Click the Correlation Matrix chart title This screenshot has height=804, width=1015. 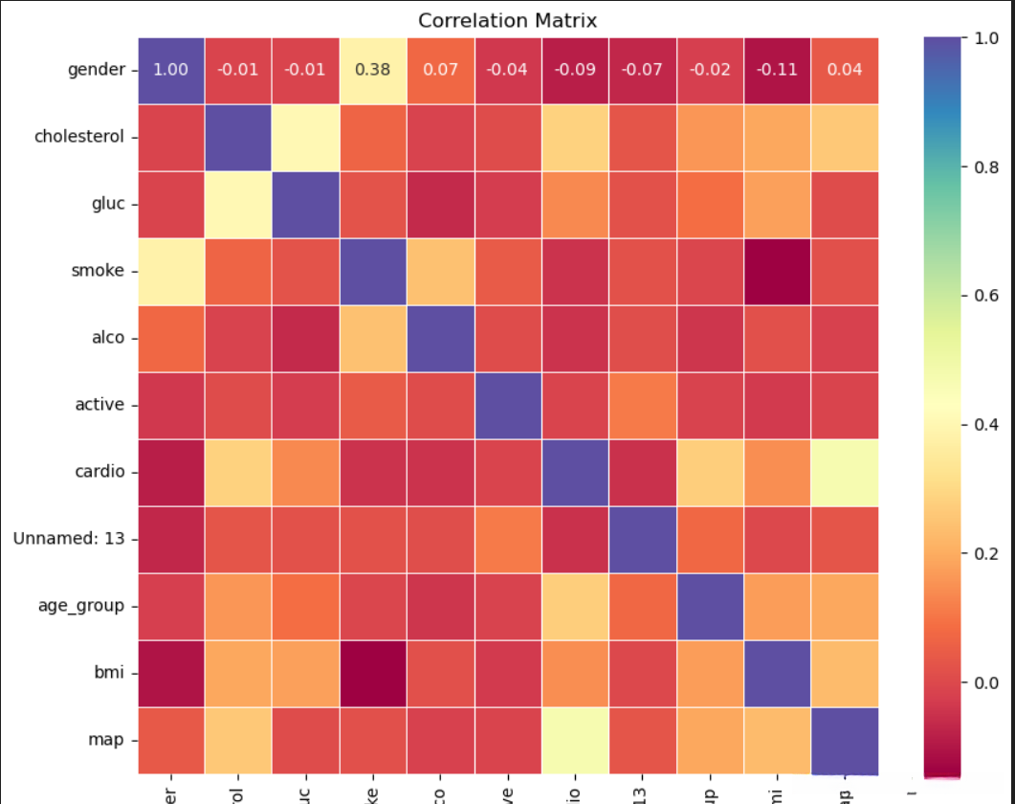click(x=508, y=20)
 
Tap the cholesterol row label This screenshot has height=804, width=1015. click(x=79, y=136)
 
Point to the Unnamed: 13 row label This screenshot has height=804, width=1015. click(x=69, y=538)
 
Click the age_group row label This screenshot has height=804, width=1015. click(x=82, y=605)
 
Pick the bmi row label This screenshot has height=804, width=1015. click(x=111, y=672)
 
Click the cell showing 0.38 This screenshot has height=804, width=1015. click(x=373, y=70)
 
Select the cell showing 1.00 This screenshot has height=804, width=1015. click(x=171, y=70)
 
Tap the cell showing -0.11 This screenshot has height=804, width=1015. click(x=778, y=70)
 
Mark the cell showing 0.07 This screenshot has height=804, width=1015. click(x=440, y=70)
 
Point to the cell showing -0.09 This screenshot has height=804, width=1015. click(x=575, y=70)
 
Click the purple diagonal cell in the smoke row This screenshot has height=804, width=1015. click(x=373, y=271)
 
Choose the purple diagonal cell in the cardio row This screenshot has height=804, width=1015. click(x=575, y=471)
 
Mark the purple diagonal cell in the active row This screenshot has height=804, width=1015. click(x=508, y=404)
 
